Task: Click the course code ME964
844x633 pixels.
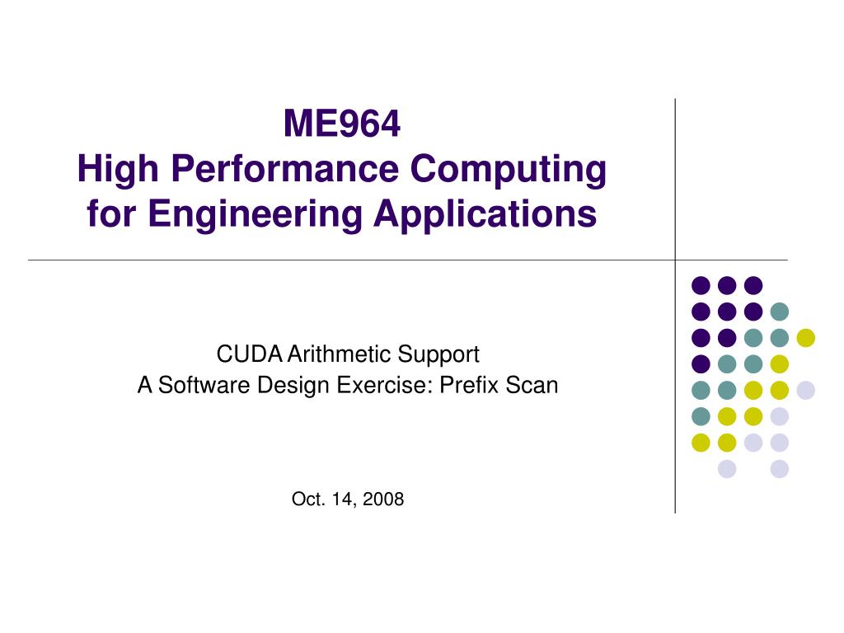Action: pyautogui.click(x=342, y=124)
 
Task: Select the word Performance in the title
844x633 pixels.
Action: pyautogui.click(x=284, y=168)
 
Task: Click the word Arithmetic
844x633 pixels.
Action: pyautogui.click(x=339, y=354)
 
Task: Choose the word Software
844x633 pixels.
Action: pyautogui.click(x=204, y=385)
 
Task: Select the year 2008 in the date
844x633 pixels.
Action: pyautogui.click(x=383, y=499)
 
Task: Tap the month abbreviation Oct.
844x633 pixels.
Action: pyautogui.click(x=308, y=499)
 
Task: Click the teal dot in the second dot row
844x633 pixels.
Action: pyautogui.click(x=780, y=312)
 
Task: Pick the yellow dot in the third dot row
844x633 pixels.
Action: pyautogui.click(x=806, y=337)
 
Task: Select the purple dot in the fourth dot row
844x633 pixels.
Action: pyautogui.click(x=701, y=363)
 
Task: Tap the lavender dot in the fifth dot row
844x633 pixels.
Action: pyautogui.click(x=806, y=390)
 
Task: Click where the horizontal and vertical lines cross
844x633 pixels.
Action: pyautogui.click(x=675, y=260)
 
